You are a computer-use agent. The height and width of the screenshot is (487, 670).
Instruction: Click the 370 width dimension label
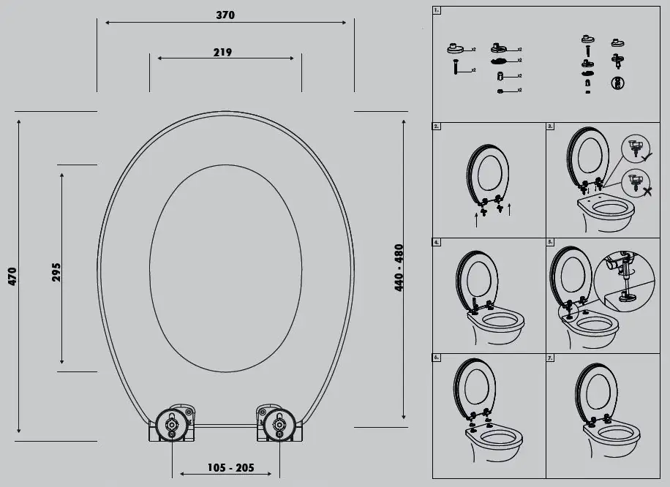225,15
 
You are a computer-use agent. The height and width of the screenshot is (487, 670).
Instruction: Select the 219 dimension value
222,52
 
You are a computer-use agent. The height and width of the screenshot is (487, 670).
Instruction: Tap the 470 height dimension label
12,276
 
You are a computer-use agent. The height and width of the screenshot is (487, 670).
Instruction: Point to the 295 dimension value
56,271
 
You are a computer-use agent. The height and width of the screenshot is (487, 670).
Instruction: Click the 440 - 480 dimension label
399,268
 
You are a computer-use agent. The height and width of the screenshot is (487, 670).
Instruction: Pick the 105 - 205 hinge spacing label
225,468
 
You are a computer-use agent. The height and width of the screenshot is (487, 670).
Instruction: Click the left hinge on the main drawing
172,423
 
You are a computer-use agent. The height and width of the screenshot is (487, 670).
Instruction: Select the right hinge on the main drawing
278,423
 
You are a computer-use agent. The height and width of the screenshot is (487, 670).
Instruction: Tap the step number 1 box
437,11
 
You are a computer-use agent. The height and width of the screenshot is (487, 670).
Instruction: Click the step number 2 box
437,126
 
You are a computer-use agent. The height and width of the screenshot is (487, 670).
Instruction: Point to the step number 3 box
551,126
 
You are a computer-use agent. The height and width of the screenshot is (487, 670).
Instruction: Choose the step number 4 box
437,241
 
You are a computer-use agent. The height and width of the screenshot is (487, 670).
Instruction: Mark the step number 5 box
551,241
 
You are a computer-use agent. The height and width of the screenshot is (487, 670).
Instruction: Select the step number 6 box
437,358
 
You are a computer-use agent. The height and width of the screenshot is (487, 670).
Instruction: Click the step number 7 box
551,358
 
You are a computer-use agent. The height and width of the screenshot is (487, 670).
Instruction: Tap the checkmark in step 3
647,155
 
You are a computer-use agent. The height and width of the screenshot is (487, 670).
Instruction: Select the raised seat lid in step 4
477,278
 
